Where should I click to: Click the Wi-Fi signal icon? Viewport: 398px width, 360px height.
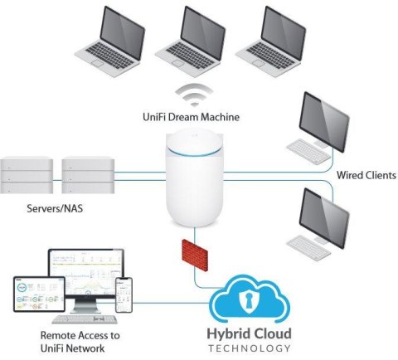[193, 98]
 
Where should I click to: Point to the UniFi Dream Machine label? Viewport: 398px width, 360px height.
[193, 117]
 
